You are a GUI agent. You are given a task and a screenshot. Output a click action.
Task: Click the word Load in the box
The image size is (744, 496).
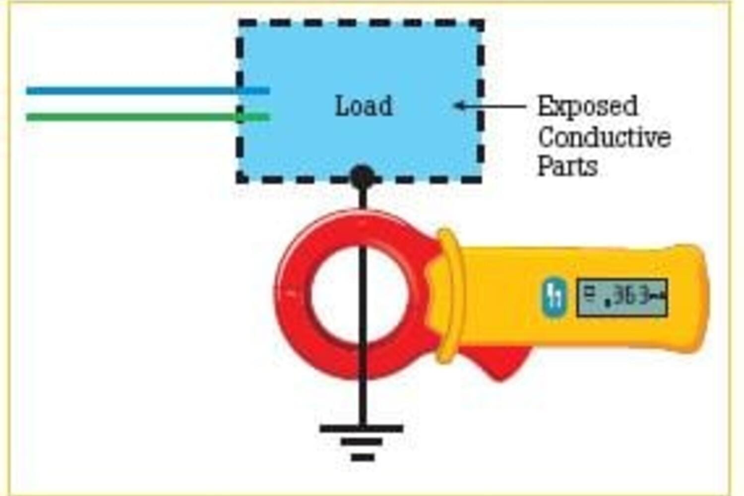click(x=364, y=106)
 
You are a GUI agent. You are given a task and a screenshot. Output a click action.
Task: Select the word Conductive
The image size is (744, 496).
click(x=604, y=137)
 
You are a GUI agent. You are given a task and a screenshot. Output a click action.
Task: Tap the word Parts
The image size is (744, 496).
click(x=567, y=166)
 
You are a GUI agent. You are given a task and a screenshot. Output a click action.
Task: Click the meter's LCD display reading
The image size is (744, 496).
click(x=621, y=298)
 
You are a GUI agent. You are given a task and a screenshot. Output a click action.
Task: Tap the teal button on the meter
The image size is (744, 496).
click(x=555, y=298)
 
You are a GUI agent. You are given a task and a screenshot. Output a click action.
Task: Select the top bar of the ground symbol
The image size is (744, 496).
click(x=362, y=429)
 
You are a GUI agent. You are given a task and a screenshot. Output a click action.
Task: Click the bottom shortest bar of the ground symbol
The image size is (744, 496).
click(x=363, y=457)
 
